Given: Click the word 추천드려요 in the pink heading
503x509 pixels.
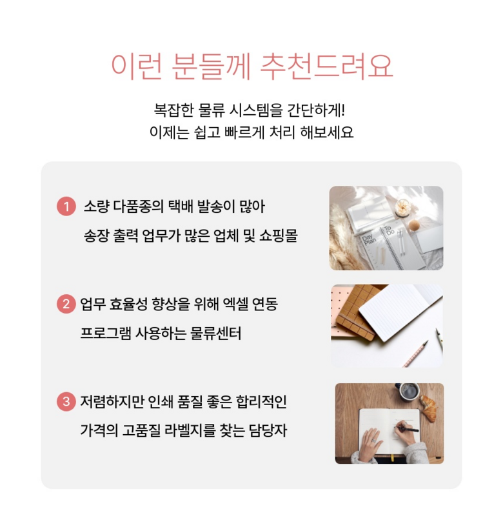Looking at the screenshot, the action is point(327,66).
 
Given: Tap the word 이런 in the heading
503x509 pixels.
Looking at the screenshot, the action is point(136,66).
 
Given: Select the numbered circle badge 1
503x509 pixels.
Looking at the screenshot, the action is point(66,206).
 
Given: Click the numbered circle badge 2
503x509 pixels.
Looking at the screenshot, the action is point(66,304).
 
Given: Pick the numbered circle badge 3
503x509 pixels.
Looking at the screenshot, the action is point(66,401).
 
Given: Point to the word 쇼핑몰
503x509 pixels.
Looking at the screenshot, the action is point(279,235).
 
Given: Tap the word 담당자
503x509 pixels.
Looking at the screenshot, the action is point(268,431).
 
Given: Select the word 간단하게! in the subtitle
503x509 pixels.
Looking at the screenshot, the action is point(316,110).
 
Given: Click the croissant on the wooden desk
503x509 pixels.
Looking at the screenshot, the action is point(429,408).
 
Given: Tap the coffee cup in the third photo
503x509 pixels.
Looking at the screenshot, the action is point(408,392).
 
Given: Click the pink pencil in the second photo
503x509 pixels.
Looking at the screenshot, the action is point(416,354).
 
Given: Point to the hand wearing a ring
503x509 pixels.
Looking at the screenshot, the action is point(371,443).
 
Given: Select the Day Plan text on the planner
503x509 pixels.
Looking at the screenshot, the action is point(369,239).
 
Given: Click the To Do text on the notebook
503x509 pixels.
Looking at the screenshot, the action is point(389,230).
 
